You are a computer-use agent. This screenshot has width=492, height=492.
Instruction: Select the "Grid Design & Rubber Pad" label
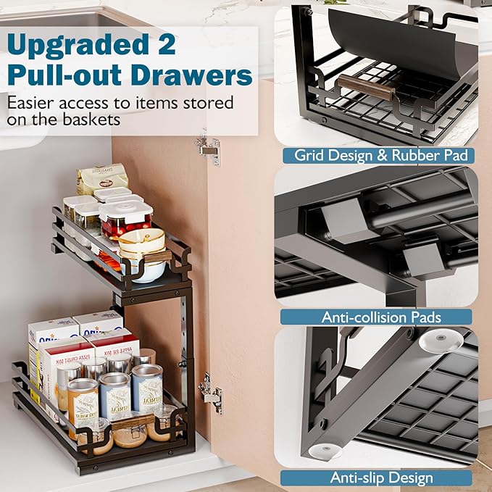pyautogui.click(x=384, y=155)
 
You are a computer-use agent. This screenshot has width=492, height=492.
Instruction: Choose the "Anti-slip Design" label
pyautogui.click(x=382, y=478)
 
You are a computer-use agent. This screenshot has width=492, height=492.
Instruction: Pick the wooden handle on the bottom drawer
pyautogui.click(x=134, y=420)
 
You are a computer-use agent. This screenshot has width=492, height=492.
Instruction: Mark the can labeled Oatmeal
pyautogui.click(x=147, y=388)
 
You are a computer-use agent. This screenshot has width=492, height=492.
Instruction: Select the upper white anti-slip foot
pyautogui.click(x=440, y=340)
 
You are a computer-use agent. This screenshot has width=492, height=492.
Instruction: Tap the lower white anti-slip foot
pyautogui.click(x=324, y=450)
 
